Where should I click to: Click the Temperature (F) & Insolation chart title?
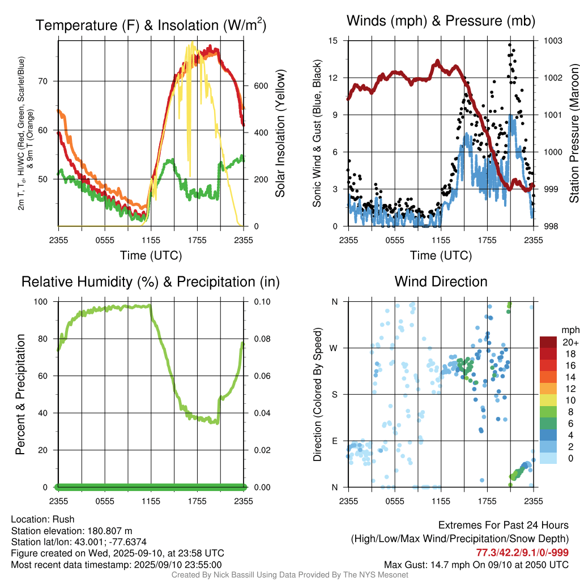click(151, 25)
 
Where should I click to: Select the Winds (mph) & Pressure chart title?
click(441, 22)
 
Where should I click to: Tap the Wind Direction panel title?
click(441, 282)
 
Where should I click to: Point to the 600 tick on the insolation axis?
click(259, 86)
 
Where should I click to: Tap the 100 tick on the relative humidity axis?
click(46, 301)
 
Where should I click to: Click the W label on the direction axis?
click(335, 348)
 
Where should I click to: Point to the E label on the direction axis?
click(335, 441)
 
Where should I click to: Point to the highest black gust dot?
click(510, 45)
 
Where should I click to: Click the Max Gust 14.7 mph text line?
click(476, 564)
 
